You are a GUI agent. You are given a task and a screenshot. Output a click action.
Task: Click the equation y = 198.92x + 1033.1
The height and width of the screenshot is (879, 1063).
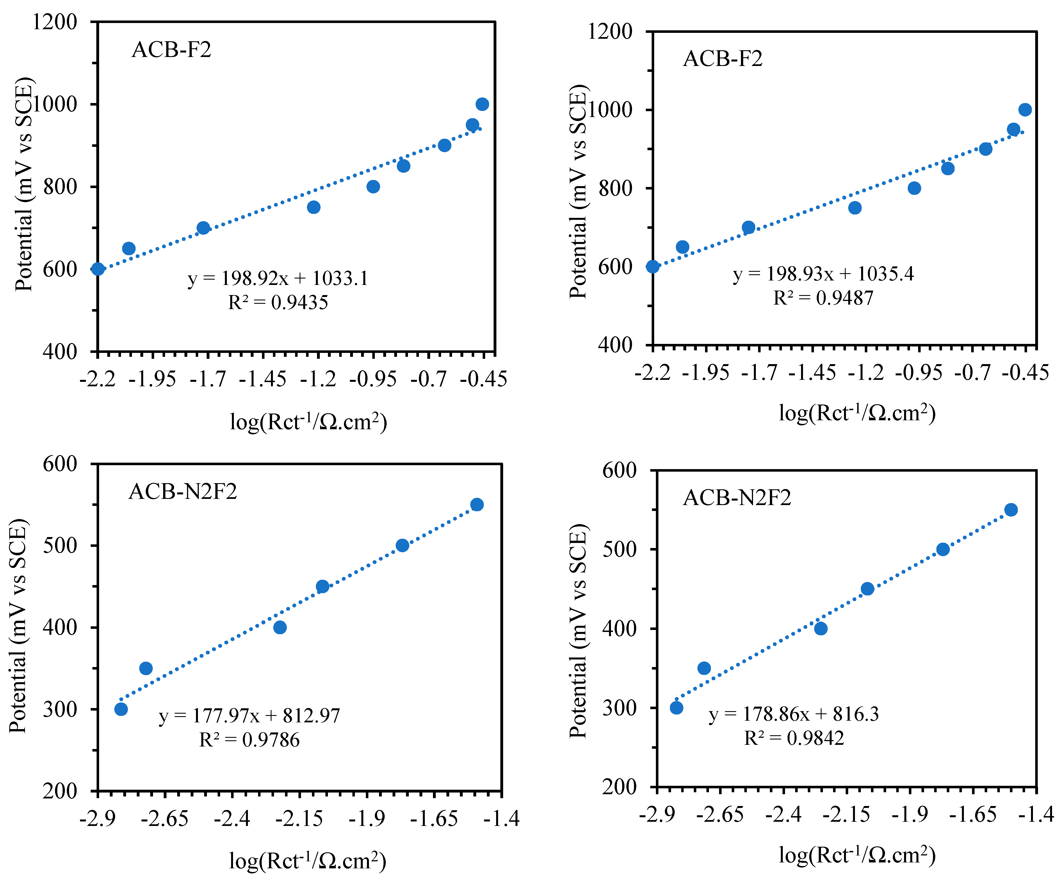(278, 278)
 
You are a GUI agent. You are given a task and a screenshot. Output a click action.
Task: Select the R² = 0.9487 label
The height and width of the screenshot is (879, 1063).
(823, 298)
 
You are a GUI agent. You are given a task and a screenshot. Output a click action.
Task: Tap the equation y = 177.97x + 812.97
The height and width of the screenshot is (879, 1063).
(249, 716)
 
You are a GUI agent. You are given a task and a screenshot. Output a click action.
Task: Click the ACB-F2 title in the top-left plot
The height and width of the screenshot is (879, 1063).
(171, 50)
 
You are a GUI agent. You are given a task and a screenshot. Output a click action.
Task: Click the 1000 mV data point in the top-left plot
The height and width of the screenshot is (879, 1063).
(482, 104)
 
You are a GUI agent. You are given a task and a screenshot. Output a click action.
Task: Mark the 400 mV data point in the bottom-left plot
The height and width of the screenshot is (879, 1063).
(280, 627)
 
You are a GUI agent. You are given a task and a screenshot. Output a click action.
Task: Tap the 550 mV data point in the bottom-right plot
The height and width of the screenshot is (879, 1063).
(1011, 510)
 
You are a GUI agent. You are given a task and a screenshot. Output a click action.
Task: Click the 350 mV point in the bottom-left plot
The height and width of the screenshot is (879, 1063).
(146, 668)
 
